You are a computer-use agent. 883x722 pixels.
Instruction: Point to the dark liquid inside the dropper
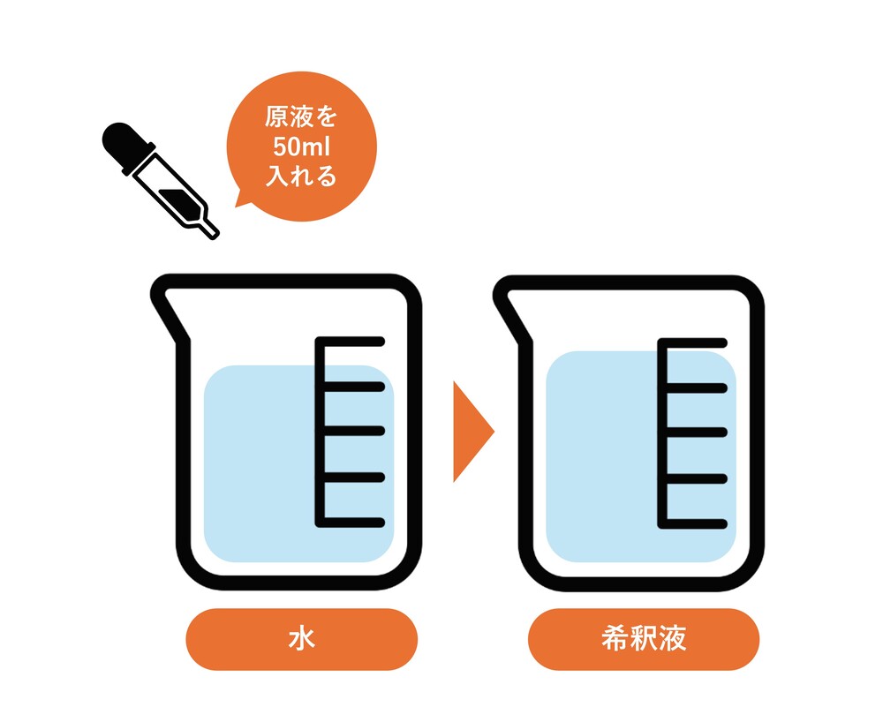point(176,197)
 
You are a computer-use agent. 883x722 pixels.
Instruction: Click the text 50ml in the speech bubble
point(302,147)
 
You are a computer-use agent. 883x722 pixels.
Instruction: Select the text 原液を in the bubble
point(301,117)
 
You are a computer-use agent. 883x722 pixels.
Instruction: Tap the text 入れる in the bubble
point(301,176)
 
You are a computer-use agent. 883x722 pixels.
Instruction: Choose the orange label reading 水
point(301,639)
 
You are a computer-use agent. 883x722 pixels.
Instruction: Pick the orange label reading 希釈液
point(644,639)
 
